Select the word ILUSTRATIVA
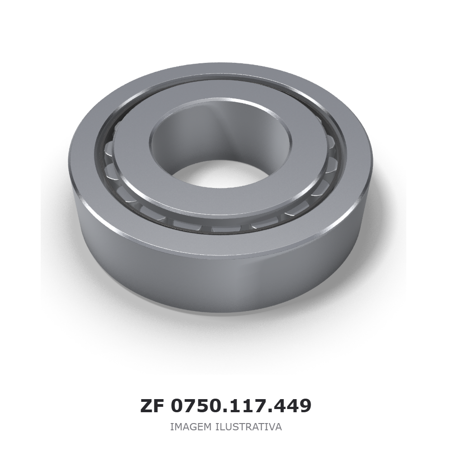pyautogui.click(x=249, y=427)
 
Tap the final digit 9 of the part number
pyautogui.click(x=305, y=406)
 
